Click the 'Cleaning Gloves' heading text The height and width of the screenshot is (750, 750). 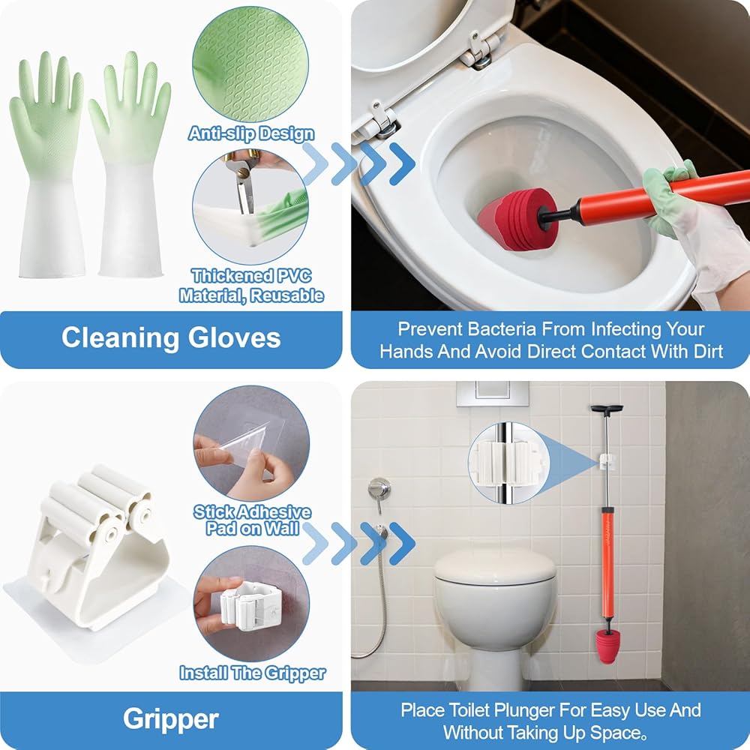click(171, 337)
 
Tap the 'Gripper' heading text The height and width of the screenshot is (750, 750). click(171, 718)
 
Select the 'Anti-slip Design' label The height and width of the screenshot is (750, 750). click(251, 133)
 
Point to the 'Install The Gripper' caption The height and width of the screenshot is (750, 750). click(252, 673)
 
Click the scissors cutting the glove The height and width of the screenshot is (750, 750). click(244, 179)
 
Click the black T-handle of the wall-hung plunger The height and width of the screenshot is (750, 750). click(607, 409)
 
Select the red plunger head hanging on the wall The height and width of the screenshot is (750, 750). click(607, 645)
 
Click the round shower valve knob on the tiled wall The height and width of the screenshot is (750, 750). click(379, 489)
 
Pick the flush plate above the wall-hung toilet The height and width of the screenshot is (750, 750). click(492, 393)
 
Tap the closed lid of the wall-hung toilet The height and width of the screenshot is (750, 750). click(495, 565)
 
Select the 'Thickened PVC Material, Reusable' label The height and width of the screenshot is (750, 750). click(251, 286)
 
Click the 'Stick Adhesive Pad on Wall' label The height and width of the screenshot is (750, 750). click(252, 520)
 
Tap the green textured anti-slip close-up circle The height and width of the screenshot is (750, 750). click(250, 64)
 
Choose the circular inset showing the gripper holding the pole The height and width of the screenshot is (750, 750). click(508, 463)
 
